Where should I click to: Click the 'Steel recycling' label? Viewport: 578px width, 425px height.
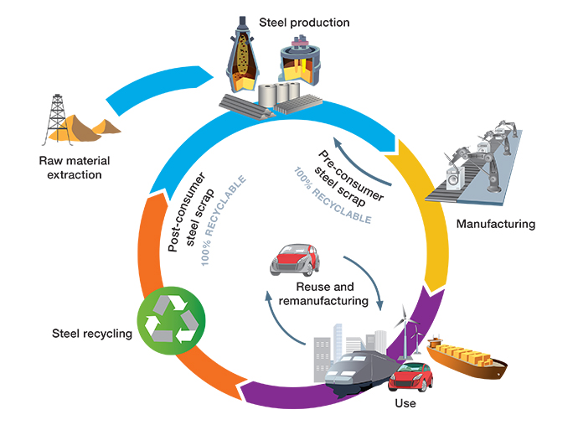pos(91,334)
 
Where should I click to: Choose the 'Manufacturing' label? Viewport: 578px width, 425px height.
pos(494,224)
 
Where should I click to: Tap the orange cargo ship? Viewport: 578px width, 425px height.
pos(465,358)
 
